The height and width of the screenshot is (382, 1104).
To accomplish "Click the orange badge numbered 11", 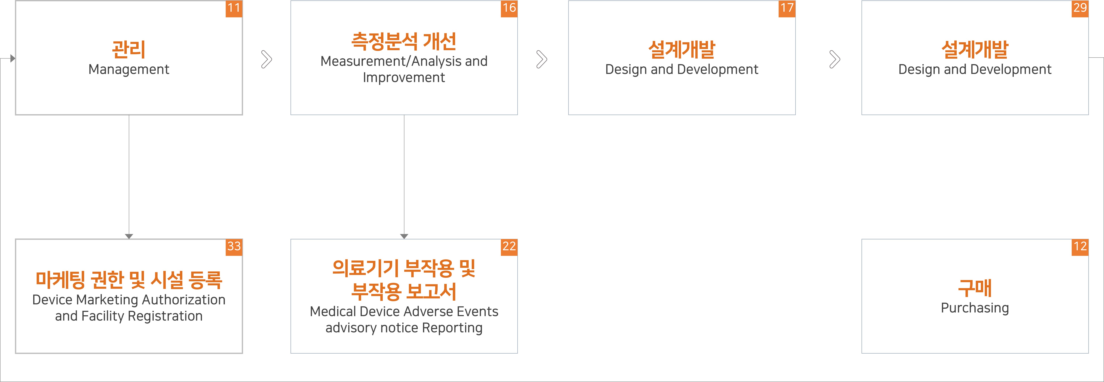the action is pyautogui.click(x=234, y=8).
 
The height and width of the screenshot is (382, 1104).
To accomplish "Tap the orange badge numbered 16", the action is pyautogui.click(x=509, y=8).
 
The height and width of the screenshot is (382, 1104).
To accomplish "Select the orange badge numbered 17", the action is pyautogui.click(x=787, y=8).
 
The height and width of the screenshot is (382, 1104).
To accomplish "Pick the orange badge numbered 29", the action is pyautogui.click(x=1080, y=8).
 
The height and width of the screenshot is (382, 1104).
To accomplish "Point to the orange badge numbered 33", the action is pyautogui.click(x=234, y=247).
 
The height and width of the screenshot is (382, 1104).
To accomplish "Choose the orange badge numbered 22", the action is pyautogui.click(x=509, y=247).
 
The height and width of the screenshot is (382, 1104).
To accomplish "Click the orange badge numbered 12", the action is pyautogui.click(x=1080, y=247).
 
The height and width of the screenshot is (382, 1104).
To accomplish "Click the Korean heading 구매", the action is pyautogui.click(x=975, y=288).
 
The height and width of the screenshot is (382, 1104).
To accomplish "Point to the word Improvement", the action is pyautogui.click(x=404, y=77).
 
